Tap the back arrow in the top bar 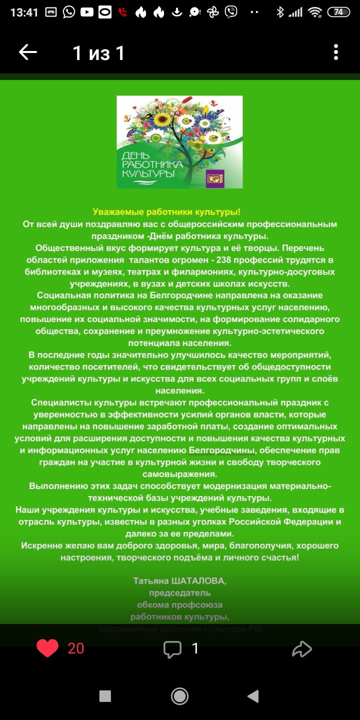click(x=28, y=52)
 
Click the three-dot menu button click(x=336, y=52)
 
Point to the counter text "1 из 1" click(x=98, y=52)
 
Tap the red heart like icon click(x=47, y=648)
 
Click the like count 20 click(x=76, y=648)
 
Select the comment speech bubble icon click(x=172, y=649)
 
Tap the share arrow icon click(x=302, y=649)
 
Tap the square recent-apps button click(x=105, y=696)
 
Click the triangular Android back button click(x=253, y=696)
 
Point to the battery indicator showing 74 click(x=338, y=12)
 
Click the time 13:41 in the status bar click(x=24, y=12)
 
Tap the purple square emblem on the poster click(x=215, y=178)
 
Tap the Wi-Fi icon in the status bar click(x=314, y=12)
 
